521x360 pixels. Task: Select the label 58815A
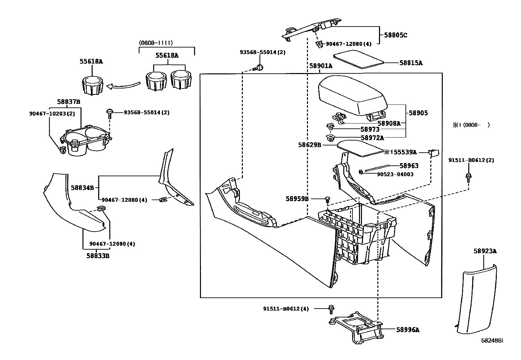click(x=411, y=63)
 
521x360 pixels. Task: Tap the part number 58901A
click(x=321, y=66)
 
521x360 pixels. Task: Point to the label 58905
click(x=418, y=113)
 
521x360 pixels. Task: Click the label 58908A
click(x=389, y=123)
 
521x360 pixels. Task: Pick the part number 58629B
click(x=309, y=144)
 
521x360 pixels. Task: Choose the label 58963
click(x=409, y=166)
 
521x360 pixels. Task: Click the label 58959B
click(x=297, y=199)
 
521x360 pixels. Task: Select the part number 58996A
click(x=407, y=330)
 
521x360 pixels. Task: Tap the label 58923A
click(x=485, y=251)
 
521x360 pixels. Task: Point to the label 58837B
click(x=68, y=102)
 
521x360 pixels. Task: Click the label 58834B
click(x=82, y=188)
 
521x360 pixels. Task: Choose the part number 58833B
click(x=98, y=256)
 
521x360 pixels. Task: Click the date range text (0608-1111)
click(x=155, y=43)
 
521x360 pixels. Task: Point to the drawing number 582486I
click(x=492, y=341)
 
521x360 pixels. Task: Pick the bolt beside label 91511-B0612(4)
click(x=331, y=308)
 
